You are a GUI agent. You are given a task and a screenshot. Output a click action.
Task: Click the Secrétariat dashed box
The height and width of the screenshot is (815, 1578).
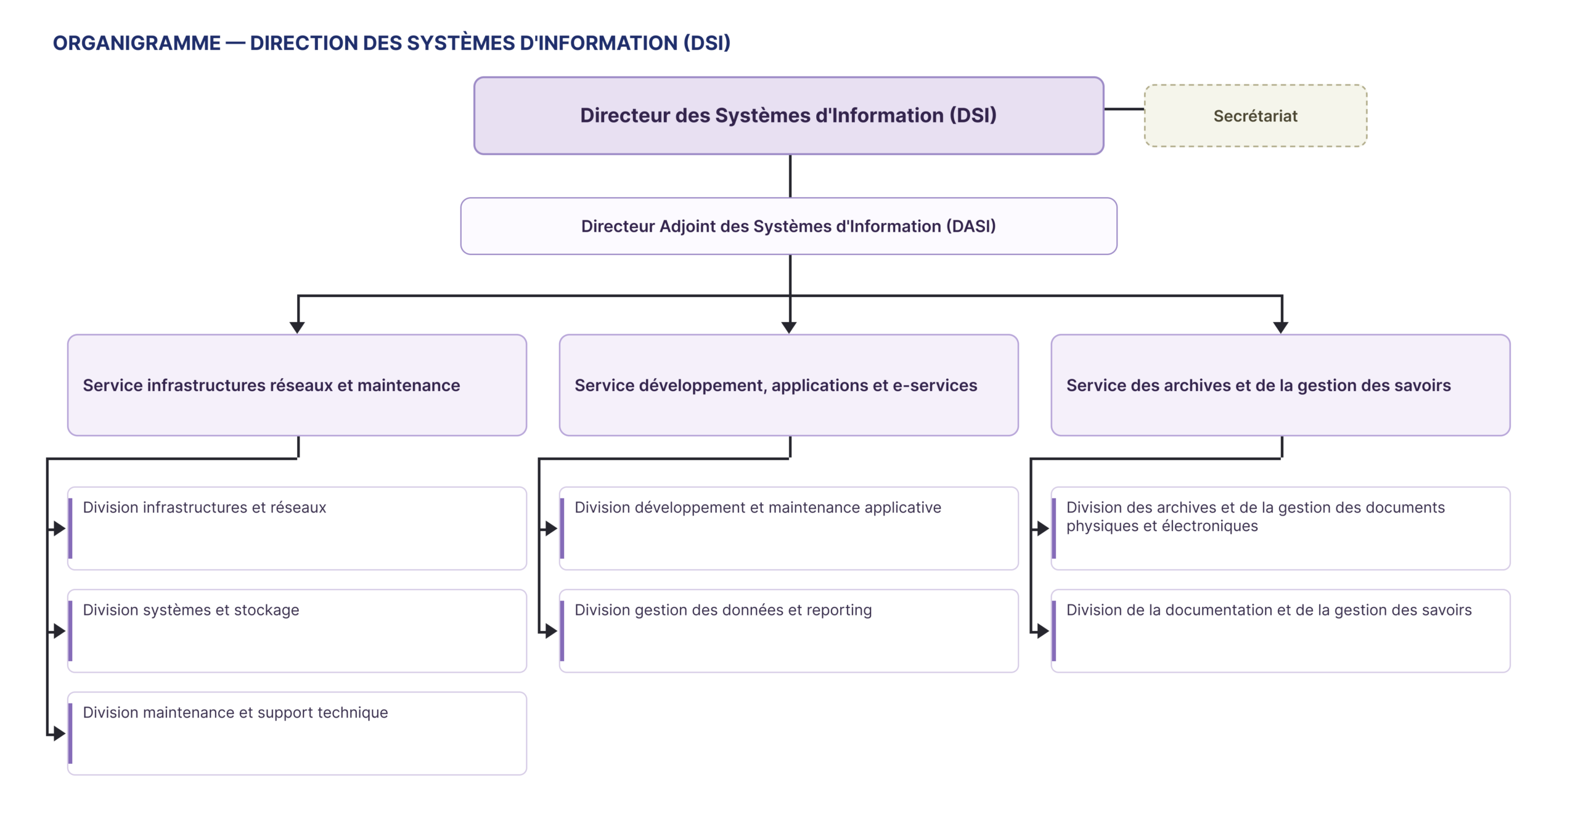pyautogui.click(x=1255, y=116)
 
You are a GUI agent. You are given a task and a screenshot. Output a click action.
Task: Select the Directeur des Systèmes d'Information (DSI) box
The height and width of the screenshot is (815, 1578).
pyautogui.click(x=788, y=115)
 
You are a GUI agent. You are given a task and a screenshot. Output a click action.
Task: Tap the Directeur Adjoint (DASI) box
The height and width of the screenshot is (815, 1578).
pyautogui.click(x=788, y=226)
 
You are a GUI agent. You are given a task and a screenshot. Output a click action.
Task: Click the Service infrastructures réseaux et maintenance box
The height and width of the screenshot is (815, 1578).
pyautogui.click(x=297, y=385)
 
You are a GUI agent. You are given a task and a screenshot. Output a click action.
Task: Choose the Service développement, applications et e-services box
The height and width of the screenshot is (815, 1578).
pyautogui.click(x=788, y=385)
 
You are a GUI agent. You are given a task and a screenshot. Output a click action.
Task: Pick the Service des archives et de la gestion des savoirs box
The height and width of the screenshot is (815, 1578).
pyautogui.click(x=1280, y=385)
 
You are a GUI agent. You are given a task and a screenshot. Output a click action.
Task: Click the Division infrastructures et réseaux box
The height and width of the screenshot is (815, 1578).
pyautogui.click(x=297, y=529)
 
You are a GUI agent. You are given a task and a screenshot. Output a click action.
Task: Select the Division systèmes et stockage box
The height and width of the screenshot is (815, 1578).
pyautogui.click(x=297, y=631)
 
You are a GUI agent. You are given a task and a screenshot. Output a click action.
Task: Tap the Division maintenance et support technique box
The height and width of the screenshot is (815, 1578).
pyautogui.click(x=297, y=733)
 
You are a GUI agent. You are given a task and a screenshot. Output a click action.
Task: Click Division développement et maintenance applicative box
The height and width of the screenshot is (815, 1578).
pyautogui.click(x=788, y=529)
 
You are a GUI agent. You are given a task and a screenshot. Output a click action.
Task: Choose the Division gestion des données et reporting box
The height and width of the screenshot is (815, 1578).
pyautogui.click(x=788, y=631)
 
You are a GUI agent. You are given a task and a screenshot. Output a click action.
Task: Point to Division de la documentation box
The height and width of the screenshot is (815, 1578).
pyautogui.click(x=1280, y=631)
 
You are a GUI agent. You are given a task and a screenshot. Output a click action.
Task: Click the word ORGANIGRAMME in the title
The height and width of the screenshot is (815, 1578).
pyautogui.click(x=136, y=43)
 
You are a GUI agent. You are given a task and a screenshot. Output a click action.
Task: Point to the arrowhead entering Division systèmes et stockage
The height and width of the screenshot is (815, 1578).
pyautogui.click(x=60, y=631)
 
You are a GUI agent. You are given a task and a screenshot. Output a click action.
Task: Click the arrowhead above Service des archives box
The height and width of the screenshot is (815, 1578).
pyautogui.click(x=1281, y=328)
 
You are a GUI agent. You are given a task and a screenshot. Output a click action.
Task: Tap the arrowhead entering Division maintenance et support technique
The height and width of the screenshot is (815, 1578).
pyautogui.click(x=60, y=733)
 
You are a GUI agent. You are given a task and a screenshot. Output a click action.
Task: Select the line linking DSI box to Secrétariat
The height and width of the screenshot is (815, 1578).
pyautogui.click(x=1124, y=109)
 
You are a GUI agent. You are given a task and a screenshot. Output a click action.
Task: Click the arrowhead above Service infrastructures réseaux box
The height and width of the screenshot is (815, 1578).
pyautogui.click(x=297, y=328)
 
